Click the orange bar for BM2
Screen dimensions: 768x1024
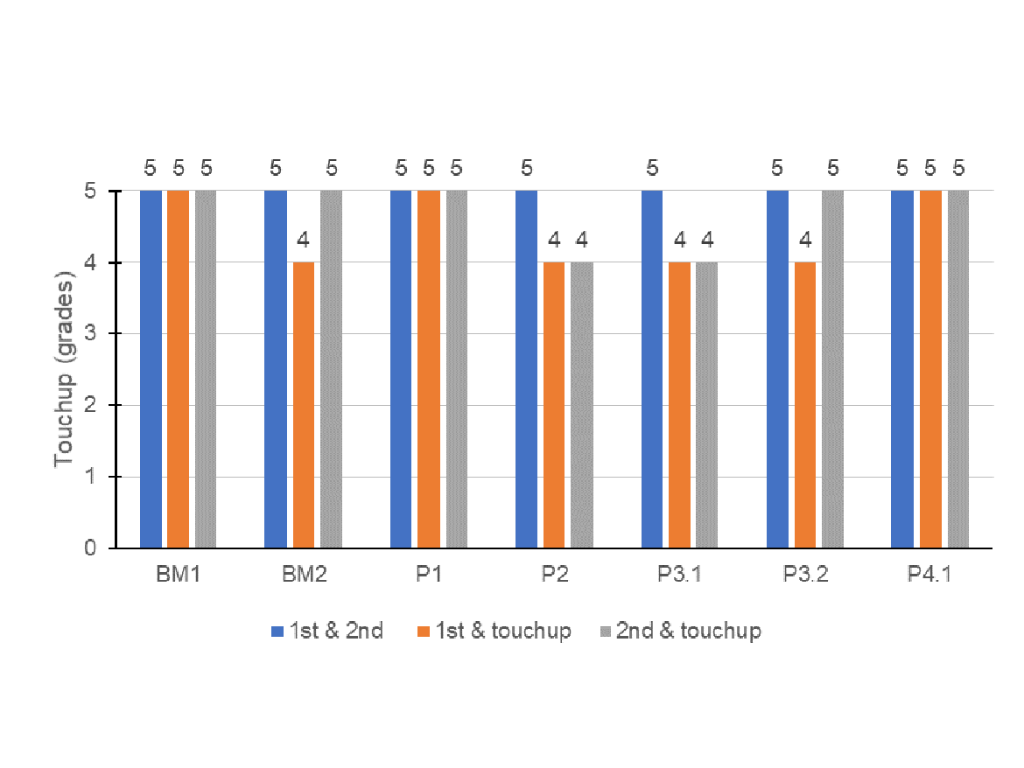click(304, 405)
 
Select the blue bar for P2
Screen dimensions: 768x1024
click(526, 369)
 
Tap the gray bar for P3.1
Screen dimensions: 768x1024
click(706, 405)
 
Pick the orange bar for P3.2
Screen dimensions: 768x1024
click(804, 405)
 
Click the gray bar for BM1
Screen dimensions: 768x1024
click(205, 369)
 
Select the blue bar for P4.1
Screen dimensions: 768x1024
click(901, 369)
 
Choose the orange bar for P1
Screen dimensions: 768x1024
click(429, 369)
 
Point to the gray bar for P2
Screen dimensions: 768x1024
click(581, 405)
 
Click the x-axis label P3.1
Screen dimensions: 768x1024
click(679, 576)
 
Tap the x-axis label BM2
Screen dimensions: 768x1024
click(304, 576)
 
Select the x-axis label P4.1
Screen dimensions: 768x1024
click(929, 576)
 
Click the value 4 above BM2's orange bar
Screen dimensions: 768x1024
click(304, 239)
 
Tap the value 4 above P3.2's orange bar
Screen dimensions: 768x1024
click(804, 239)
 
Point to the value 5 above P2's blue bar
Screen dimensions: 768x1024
click(526, 167)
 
